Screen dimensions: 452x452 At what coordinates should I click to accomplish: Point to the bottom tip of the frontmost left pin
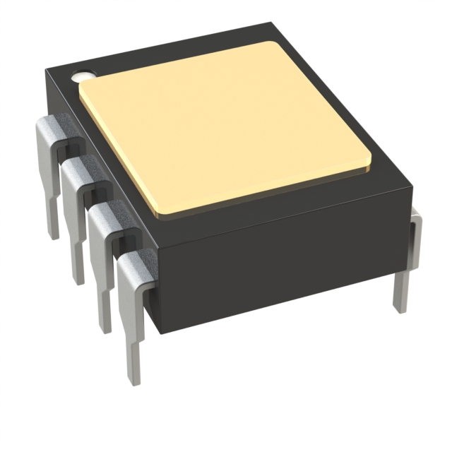135,381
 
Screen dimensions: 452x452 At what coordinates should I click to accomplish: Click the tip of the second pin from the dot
78,280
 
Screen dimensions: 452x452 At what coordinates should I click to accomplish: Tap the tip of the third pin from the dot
105,328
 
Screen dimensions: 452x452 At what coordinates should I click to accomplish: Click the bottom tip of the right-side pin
400,308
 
